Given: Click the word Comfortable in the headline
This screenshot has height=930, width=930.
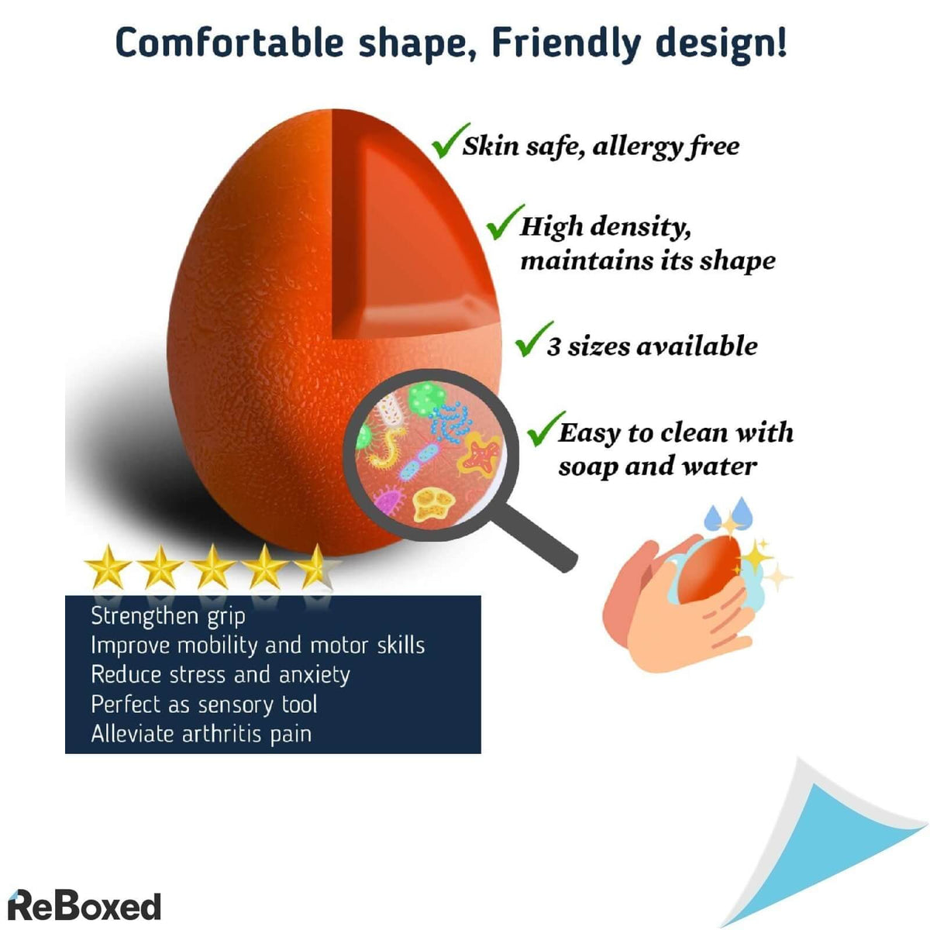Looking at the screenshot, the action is tap(229, 43).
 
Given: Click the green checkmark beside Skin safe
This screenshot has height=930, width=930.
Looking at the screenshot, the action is tap(449, 140).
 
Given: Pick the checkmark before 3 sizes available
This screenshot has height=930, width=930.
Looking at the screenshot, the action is tap(533, 339).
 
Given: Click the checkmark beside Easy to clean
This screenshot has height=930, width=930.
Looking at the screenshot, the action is tap(546, 429).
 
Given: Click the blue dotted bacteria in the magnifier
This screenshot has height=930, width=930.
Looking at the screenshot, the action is tap(451, 422).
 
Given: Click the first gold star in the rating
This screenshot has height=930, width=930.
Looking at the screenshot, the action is tap(108, 567).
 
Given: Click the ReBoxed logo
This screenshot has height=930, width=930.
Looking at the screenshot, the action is tap(84, 906).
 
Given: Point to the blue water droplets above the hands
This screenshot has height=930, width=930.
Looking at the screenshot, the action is tap(728, 514).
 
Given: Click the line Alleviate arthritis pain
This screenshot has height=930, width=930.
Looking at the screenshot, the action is tap(201, 735).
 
